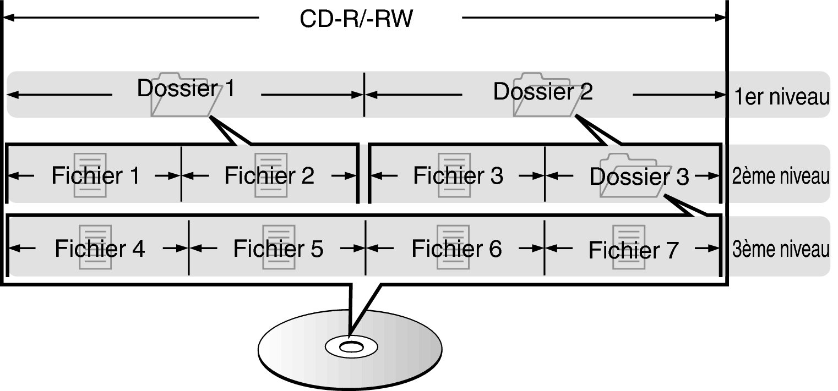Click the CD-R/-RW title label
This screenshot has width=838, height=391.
click(x=356, y=20)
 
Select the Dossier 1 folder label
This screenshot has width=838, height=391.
click(x=186, y=88)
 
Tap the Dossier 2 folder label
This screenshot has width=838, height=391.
click(x=543, y=91)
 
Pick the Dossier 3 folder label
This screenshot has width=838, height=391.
click(x=639, y=177)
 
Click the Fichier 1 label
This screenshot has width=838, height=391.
click(x=95, y=175)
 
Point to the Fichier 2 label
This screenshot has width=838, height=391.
click(x=269, y=175)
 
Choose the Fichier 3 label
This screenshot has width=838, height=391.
click(x=458, y=175)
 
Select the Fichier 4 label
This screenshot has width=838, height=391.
click(x=100, y=249)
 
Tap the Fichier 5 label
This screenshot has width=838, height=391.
click(x=278, y=249)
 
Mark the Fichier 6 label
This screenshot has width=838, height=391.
click(x=456, y=249)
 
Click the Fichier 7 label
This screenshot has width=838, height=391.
click(x=633, y=250)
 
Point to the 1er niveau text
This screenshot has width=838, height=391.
click(x=781, y=97)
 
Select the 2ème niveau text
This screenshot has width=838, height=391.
click(x=780, y=177)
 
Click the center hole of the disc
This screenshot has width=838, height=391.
click(x=351, y=347)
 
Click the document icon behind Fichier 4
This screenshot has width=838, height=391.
click(x=95, y=261)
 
